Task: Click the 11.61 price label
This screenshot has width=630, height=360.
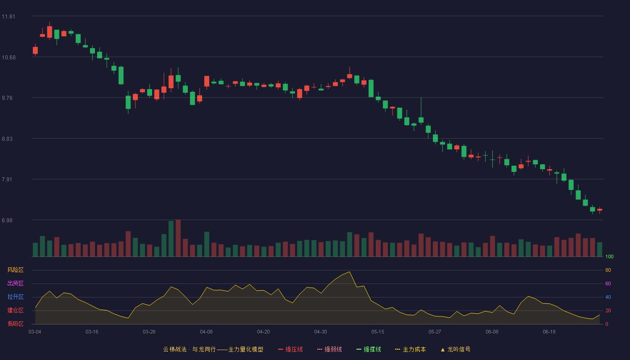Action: pyautogui.click(x=9, y=17)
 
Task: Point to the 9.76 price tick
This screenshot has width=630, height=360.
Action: pyautogui.click(x=7, y=98)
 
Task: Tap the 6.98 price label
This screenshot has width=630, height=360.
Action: pyautogui.click(x=7, y=220)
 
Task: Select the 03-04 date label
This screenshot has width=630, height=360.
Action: pyautogui.click(x=35, y=332)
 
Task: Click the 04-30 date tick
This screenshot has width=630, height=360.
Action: pyautogui.click(x=320, y=332)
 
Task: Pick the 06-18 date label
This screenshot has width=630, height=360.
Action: pyautogui.click(x=549, y=332)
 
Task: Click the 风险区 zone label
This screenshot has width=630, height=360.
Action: pyautogui.click(x=15, y=270)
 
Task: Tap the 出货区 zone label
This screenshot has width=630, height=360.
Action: pyautogui.click(x=15, y=283)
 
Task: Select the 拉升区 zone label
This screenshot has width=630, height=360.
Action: pyautogui.click(x=15, y=297)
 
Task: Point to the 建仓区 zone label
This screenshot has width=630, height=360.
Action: pyautogui.click(x=15, y=310)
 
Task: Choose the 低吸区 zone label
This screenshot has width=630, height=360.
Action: pyautogui.click(x=15, y=324)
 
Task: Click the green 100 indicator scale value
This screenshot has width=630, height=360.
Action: pyautogui.click(x=609, y=256)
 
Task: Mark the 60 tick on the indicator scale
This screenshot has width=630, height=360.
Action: pyautogui.click(x=608, y=283)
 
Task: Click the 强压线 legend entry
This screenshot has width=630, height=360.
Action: pyautogui.click(x=290, y=349)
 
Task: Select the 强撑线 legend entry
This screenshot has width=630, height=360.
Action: pyautogui.click(x=369, y=349)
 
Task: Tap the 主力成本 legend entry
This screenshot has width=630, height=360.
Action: pyautogui.click(x=410, y=349)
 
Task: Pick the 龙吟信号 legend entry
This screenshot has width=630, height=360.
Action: pyautogui.click(x=455, y=349)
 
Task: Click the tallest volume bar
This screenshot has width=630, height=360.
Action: pyautogui.click(x=178, y=238)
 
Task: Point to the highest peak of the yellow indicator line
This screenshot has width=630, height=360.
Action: pyautogui.click(x=350, y=272)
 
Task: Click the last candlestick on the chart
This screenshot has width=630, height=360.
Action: pyautogui.click(x=599, y=210)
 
